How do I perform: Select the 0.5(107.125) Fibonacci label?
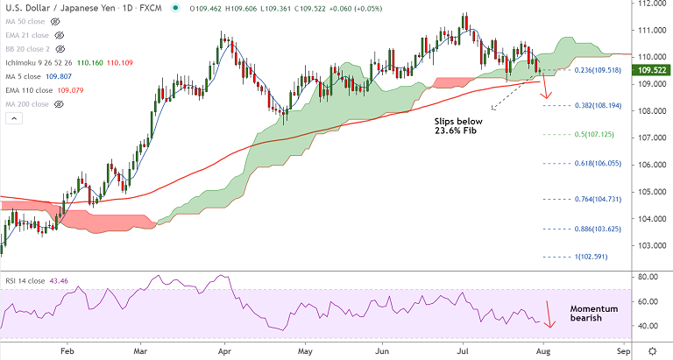pos(594,134)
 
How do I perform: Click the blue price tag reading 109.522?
pos(648,68)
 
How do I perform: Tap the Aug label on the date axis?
pos(546,349)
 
